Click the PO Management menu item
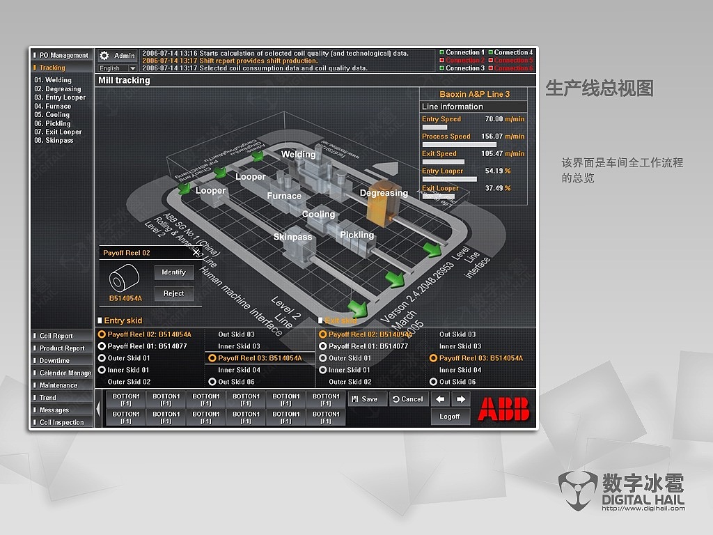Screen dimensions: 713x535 tap(63, 55)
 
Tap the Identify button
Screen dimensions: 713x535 tap(173, 272)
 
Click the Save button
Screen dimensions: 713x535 tap(366, 399)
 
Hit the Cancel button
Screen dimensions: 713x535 tap(408, 399)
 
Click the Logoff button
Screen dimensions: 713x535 tap(450, 417)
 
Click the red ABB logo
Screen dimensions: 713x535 tap(503, 408)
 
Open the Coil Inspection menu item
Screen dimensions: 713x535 tap(61, 422)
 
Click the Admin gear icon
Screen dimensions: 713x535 tap(104, 56)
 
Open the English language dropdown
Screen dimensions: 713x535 tap(117, 68)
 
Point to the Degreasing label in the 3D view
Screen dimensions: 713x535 tap(384, 193)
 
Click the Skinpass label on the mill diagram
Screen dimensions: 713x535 tap(292, 237)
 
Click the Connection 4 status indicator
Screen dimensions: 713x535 tap(491, 52)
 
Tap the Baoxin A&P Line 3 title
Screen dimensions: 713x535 tap(474, 94)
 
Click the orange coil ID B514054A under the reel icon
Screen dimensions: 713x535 tap(125, 298)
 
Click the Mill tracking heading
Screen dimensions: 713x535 tap(124, 80)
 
